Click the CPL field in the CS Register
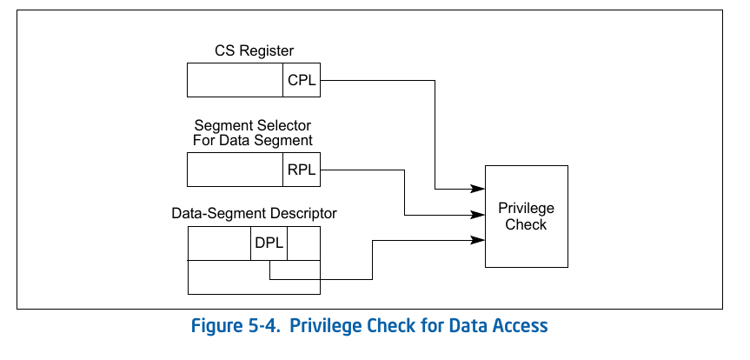coord(302,80)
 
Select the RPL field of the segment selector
coord(302,170)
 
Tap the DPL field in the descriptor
coord(269,243)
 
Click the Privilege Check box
coord(526,217)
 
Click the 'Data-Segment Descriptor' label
coord(254,213)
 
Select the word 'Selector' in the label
coord(283,125)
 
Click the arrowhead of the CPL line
coord(478,189)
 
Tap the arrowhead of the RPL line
coord(478,215)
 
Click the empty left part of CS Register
coord(236,80)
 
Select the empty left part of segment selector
coord(236,170)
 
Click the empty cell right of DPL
coord(303,243)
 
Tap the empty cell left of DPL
coord(219,243)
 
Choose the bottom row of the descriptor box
coord(254,278)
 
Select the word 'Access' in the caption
coord(518,327)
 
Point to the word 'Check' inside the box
coord(526,225)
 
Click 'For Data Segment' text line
coord(253,140)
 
